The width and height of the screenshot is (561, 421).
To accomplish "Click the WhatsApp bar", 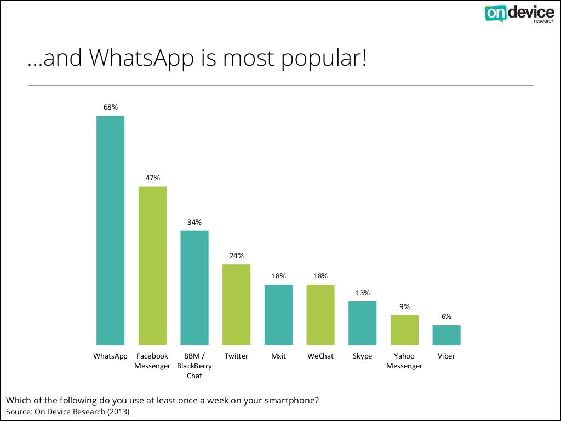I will [111, 230].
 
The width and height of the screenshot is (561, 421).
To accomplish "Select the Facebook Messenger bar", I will [152, 266].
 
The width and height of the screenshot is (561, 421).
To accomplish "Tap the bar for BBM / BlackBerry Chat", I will [194, 288].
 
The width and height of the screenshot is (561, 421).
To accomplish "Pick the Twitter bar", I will [236, 305].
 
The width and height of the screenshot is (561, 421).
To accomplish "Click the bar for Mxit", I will [278, 315].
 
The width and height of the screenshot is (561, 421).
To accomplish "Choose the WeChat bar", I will [320, 315].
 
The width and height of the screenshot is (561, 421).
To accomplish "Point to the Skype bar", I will [362, 323].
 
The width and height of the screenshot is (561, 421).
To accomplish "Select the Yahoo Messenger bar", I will [404, 330].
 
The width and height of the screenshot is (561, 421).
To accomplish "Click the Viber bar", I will [446, 335].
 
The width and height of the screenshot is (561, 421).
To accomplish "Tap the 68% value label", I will [111, 107].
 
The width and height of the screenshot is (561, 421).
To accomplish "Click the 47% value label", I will [152, 178].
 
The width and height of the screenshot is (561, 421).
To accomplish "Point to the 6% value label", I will [446, 317].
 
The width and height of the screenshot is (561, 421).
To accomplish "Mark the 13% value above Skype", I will [362, 293].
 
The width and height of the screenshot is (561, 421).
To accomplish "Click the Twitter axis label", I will [236, 356].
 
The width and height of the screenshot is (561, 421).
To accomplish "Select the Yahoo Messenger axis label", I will [404, 361].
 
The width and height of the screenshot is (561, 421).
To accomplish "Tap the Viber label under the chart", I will [446, 356].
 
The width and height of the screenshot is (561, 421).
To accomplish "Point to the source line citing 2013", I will [68, 411].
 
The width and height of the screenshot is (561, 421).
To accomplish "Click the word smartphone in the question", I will [288, 400].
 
